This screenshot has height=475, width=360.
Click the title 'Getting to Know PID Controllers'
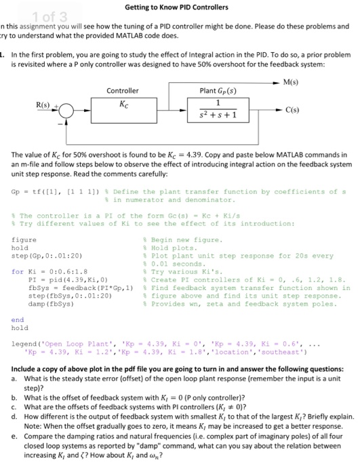tap(180, 7)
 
